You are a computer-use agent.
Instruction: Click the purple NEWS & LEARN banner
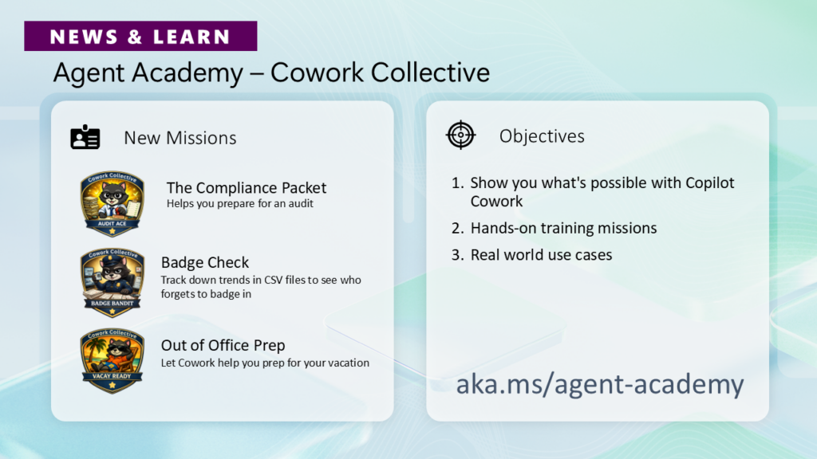[x=140, y=36]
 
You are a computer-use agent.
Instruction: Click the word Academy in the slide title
[x=187, y=73]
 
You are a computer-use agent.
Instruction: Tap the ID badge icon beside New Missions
[x=85, y=137]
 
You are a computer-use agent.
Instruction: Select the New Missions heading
[x=180, y=138]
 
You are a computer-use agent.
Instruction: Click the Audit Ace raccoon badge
[x=112, y=203]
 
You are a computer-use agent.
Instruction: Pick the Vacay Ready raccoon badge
[x=112, y=361]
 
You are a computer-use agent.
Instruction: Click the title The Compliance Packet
[x=247, y=187]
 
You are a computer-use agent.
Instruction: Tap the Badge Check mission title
[x=205, y=262]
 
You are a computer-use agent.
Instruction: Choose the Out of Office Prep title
[x=223, y=345]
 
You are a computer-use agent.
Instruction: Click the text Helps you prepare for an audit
[x=239, y=203]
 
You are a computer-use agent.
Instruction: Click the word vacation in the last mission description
[x=349, y=363]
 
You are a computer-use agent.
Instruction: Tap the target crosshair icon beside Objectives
[x=460, y=135]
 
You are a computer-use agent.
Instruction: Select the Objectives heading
[x=542, y=136]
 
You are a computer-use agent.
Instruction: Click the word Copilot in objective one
[x=709, y=183]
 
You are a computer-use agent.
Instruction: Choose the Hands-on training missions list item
[x=563, y=228]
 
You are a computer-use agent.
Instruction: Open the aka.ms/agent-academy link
[x=600, y=385]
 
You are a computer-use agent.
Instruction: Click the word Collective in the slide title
[x=430, y=73]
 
